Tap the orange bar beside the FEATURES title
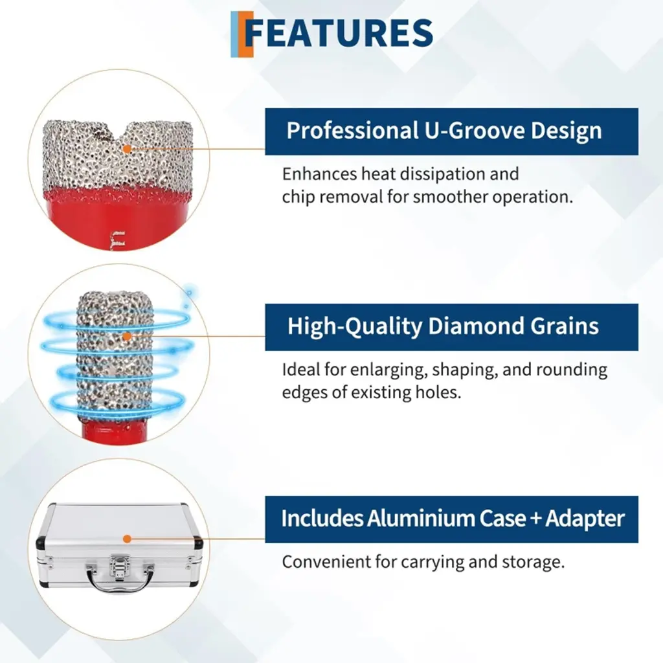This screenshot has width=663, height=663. [x=247, y=34]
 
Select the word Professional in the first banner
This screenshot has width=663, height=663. [x=352, y=131]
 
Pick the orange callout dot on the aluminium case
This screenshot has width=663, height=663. [x=127, y=539]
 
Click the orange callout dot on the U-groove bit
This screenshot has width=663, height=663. [x=127, y=149]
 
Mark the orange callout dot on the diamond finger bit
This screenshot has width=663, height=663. [x=127, y=337]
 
